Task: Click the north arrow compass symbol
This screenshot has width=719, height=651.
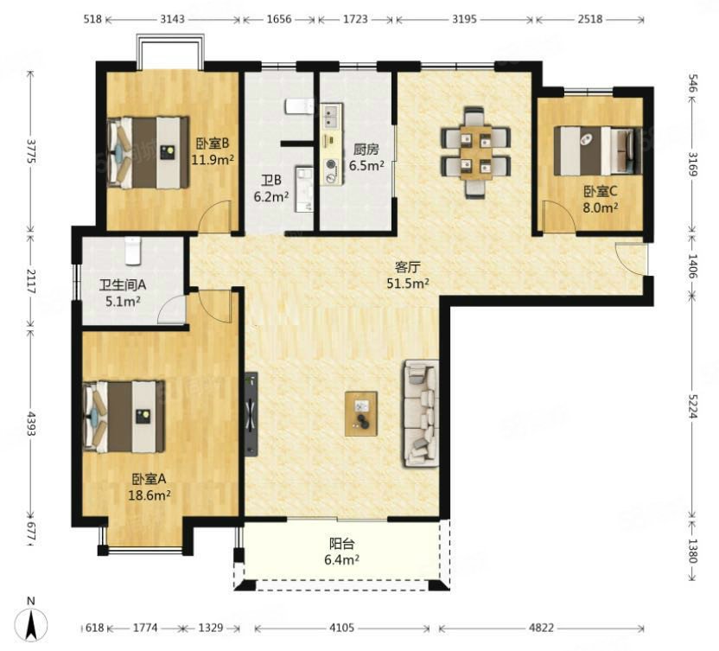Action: (x=31, y=624)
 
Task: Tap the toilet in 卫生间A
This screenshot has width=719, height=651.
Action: (x=132, y=251)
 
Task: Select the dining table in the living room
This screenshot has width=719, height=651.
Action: (x=476, y=152)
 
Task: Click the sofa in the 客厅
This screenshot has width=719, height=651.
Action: (x=421, y=414)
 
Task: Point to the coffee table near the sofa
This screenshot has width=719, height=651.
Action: (x=361, y=413)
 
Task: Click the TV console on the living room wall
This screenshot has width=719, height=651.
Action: (x=251, y=414)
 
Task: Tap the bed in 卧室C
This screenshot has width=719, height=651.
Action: (x=597, y=151)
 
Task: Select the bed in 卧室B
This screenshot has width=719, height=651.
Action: (x=148, y=152)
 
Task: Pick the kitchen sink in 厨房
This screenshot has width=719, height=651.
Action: (x=331, y=117)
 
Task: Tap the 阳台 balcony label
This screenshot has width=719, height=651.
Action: (x=342, y=544)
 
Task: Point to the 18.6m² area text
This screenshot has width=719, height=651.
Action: (x=150, y=495)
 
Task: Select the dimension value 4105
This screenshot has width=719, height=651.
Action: (x=341, y=627)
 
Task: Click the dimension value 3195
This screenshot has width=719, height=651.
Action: (x=464, y=19)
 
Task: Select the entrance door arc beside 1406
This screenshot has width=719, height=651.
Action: (x=631, y=259)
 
